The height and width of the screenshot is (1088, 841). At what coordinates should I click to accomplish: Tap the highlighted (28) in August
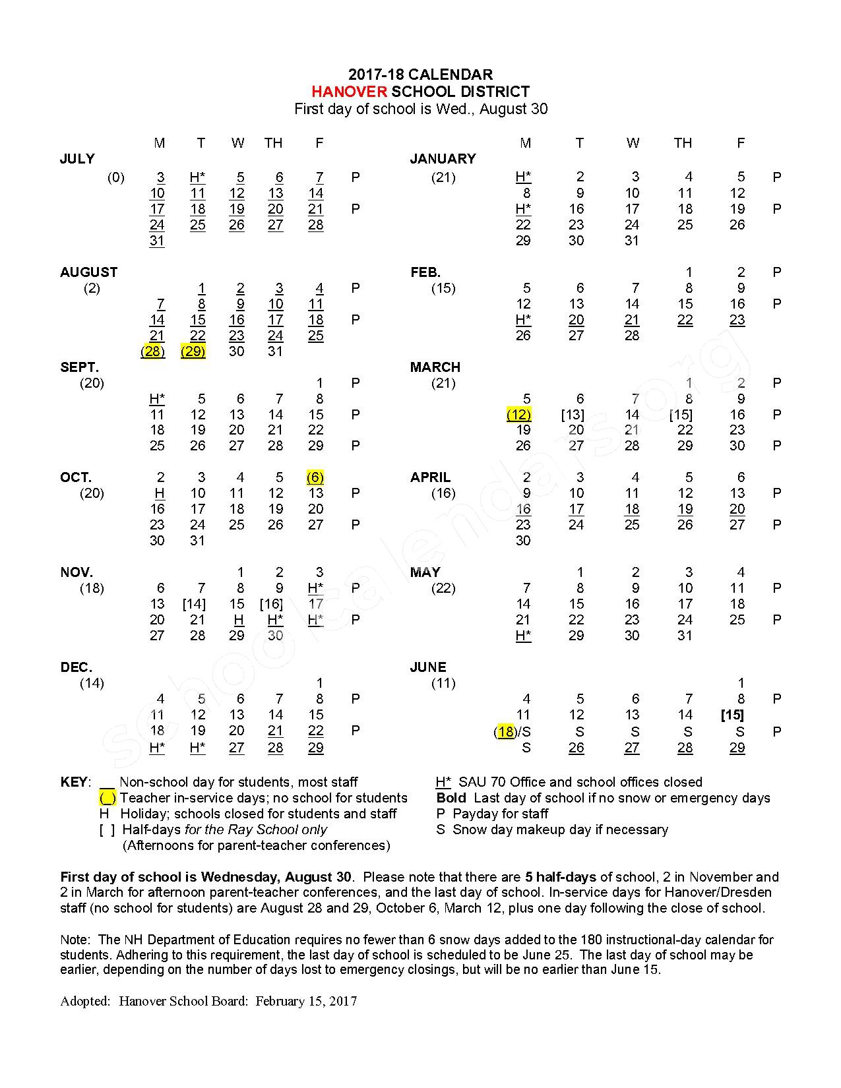[153, 351]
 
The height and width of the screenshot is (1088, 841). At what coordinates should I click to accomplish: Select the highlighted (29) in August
[193, 351]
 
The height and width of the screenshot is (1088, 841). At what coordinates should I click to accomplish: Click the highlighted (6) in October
[315, 477]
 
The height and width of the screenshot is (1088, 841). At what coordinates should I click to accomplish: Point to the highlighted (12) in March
[519, 415]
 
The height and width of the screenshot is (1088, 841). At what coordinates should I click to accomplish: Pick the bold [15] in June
[732, 715]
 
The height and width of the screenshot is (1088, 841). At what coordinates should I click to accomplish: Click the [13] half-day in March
[573, 415]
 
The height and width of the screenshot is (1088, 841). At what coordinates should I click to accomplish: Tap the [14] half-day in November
[194, 604]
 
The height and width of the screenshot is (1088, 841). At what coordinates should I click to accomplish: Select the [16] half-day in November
[272, 604]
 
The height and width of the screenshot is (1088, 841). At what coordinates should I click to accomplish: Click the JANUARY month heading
[443, 159]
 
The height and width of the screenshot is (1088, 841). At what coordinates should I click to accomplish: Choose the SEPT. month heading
[79, 367]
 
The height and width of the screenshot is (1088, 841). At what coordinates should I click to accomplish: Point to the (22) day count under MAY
[443, 588]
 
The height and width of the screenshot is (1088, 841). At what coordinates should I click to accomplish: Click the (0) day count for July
[116, 177]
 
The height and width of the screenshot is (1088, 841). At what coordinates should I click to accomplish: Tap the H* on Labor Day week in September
[157, 399]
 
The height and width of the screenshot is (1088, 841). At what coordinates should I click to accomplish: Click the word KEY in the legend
[73, 782]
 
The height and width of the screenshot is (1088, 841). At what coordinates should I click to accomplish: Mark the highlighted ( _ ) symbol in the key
[108, 799]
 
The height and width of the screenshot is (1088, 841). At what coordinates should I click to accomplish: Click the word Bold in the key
[451, 798]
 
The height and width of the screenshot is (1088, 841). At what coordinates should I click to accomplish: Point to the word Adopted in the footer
[84, 1001]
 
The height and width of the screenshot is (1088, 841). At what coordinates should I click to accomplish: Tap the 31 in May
[685, 636]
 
